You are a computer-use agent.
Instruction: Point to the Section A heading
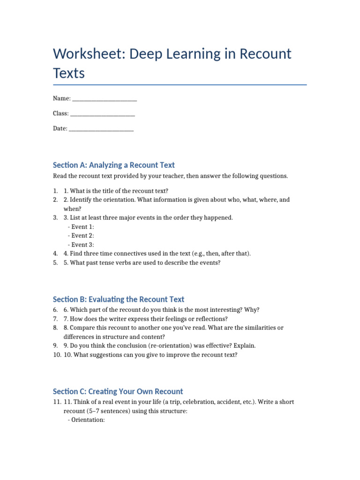[113, 165]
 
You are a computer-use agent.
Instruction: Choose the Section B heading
[119, 299]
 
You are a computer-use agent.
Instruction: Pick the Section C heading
[118, 391]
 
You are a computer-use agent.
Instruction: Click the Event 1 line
[81, 227]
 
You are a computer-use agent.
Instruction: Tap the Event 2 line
[81, 236]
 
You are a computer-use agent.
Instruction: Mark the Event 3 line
[81, 245]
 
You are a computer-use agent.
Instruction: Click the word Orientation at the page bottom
[88, 420]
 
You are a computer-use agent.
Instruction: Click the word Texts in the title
[69, 74]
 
